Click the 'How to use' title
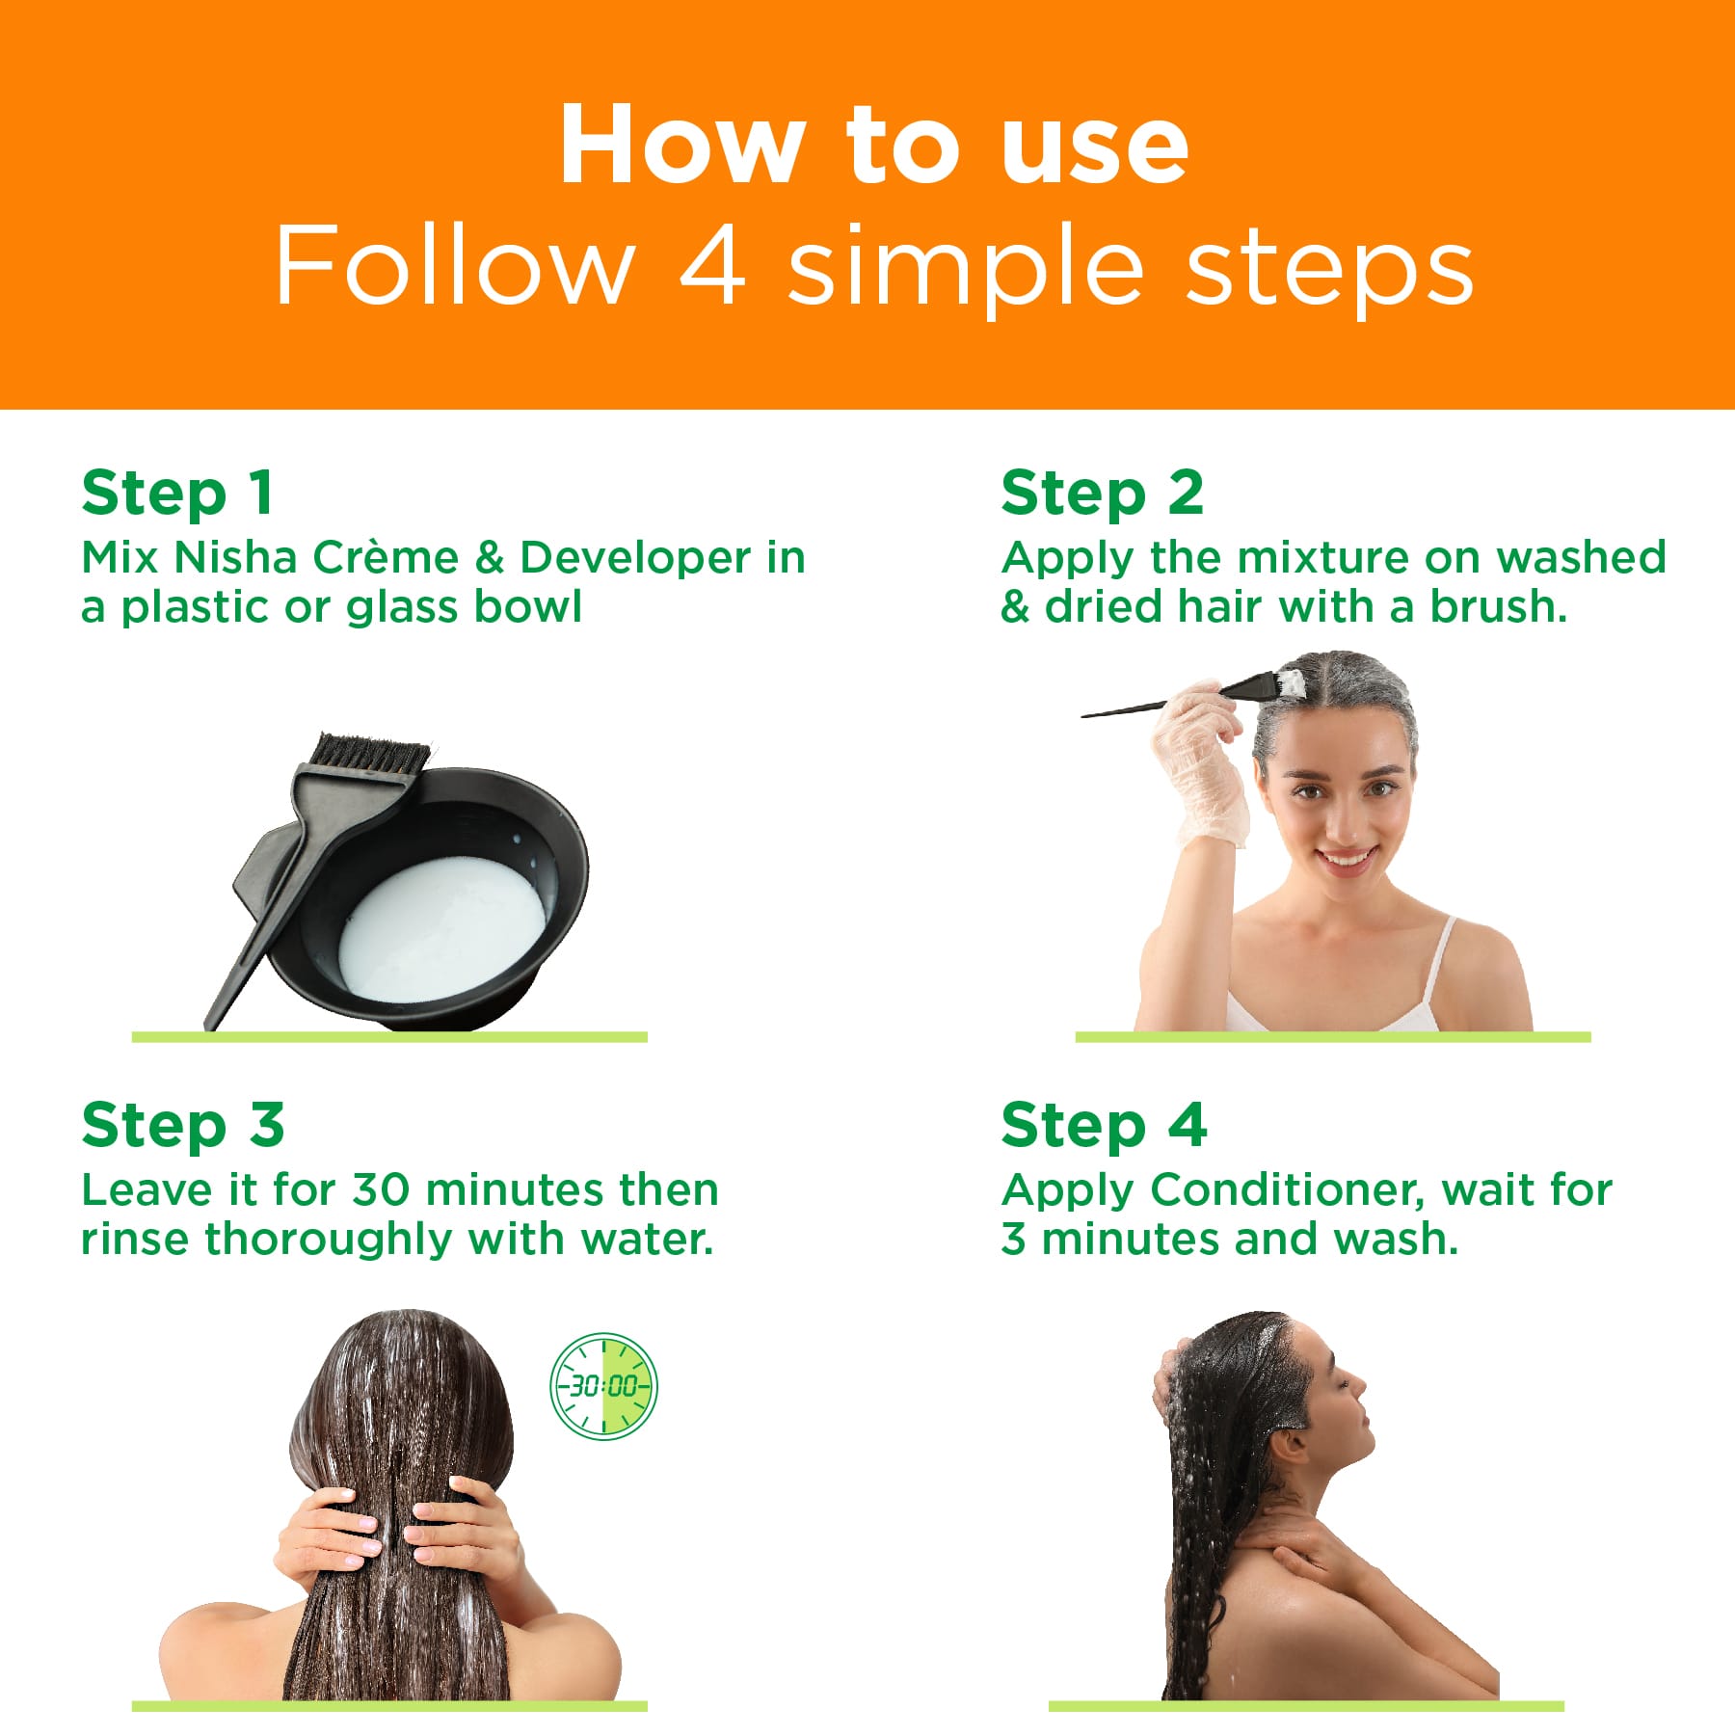pyautogui.click(x=873, y=145)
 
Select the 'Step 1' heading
pyautogui.click(x=177, y=493)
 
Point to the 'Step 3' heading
pyautogui.click(x=183, y=1125)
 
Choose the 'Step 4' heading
pyautogui.click(x=1104, y=1125)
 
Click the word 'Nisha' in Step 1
pyautogui.click(x=236, y=557)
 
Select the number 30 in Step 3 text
pyautogui.click(x=381, y=1189)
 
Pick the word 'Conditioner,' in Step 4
pyautogui.click(x=1287, y=1191)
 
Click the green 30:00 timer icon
pyautogui.click(x=603, y=1386)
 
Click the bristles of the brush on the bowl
pyautogui.click(x=371, y=753)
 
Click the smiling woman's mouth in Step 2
pyautogui.click(x=1346, y=858)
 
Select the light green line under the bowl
pyautogui.click(x=388, y=1036)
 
